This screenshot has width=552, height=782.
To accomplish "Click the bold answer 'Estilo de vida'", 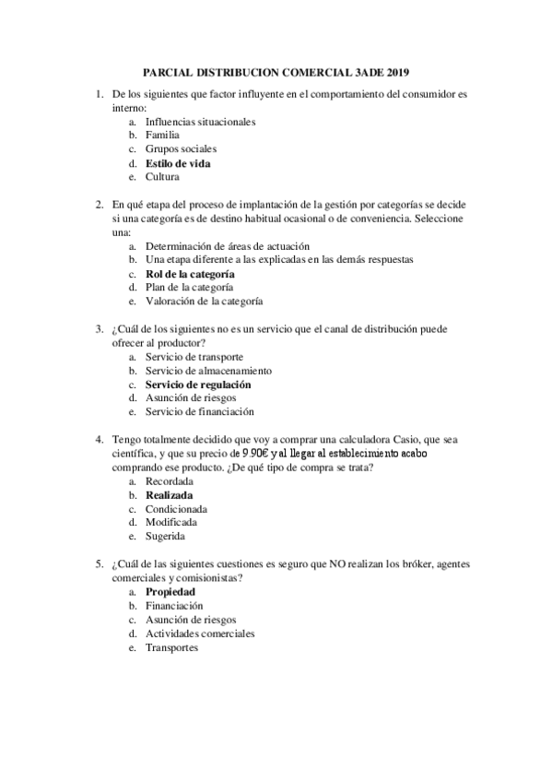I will click(178, 163).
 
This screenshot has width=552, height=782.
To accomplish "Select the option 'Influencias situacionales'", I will click(200, 121).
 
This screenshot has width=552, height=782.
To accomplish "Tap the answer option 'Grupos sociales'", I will click(181, 148).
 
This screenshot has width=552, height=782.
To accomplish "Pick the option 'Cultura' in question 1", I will click(162, 176).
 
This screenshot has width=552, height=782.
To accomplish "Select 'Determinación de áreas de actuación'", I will click(228, 246).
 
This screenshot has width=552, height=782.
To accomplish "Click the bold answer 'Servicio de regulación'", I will click(198, 384).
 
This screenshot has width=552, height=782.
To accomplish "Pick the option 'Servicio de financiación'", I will click(200, 411).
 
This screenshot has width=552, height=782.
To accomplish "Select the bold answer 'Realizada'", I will click(170, 495).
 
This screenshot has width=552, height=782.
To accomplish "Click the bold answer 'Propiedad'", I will click(170, 592).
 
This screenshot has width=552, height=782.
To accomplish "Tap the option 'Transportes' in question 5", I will click(171, 647).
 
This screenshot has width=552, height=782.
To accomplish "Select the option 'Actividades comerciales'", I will click(200, 634).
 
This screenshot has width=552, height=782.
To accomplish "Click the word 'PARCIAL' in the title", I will click(170, 71).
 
